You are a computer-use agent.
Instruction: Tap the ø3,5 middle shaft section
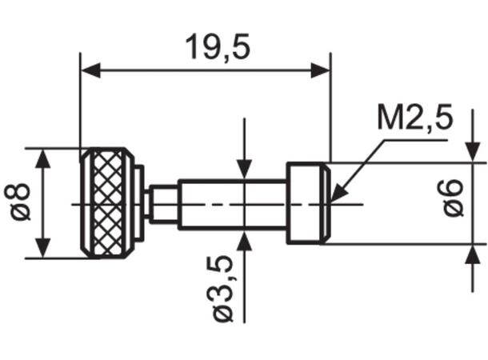click(232, 203)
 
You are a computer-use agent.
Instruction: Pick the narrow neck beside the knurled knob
click(163, 203)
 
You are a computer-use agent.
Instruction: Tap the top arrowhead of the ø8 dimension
click(44, 158)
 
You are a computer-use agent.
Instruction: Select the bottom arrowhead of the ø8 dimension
click(44, 249)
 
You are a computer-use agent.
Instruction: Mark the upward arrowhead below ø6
click(472, 254)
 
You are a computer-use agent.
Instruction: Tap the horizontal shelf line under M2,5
click(416, 139)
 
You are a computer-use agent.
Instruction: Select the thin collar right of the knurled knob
click(139, 203)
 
